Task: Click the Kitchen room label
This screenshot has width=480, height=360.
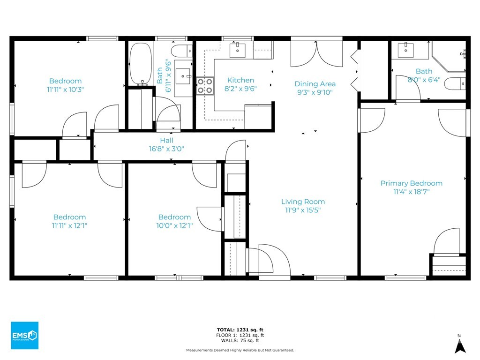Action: point(240,80)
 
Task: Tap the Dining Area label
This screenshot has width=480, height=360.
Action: point(315,84)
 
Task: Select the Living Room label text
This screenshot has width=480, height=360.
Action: point(303,202)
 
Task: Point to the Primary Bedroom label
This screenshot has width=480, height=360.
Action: point(412,183)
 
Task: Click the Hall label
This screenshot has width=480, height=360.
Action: point(166,141)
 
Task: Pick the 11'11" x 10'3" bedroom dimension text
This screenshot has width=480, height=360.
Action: point(65,90)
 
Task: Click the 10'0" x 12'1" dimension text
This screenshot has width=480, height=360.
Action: point(174,225)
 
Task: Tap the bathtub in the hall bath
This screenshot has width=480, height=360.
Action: point(141,64)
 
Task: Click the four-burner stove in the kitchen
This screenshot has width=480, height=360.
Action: point(205,86)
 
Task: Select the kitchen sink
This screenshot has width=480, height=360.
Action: point(238,50)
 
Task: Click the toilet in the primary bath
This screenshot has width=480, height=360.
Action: point(455,83)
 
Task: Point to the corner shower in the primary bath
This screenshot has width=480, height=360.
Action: point(449,57)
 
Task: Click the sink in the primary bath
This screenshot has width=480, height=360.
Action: point(405,50)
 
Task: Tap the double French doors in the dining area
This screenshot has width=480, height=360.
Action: point(316,54)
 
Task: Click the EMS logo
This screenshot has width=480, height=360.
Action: point(24,335)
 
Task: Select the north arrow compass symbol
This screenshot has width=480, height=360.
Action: point(460,344)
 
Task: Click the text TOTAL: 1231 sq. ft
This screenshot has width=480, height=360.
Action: point(240,330)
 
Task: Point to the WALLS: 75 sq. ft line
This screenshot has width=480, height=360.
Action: point(240,340)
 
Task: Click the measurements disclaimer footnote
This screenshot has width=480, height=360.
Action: point(240,350)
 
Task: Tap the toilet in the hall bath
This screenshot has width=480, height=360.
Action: point(182,51)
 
